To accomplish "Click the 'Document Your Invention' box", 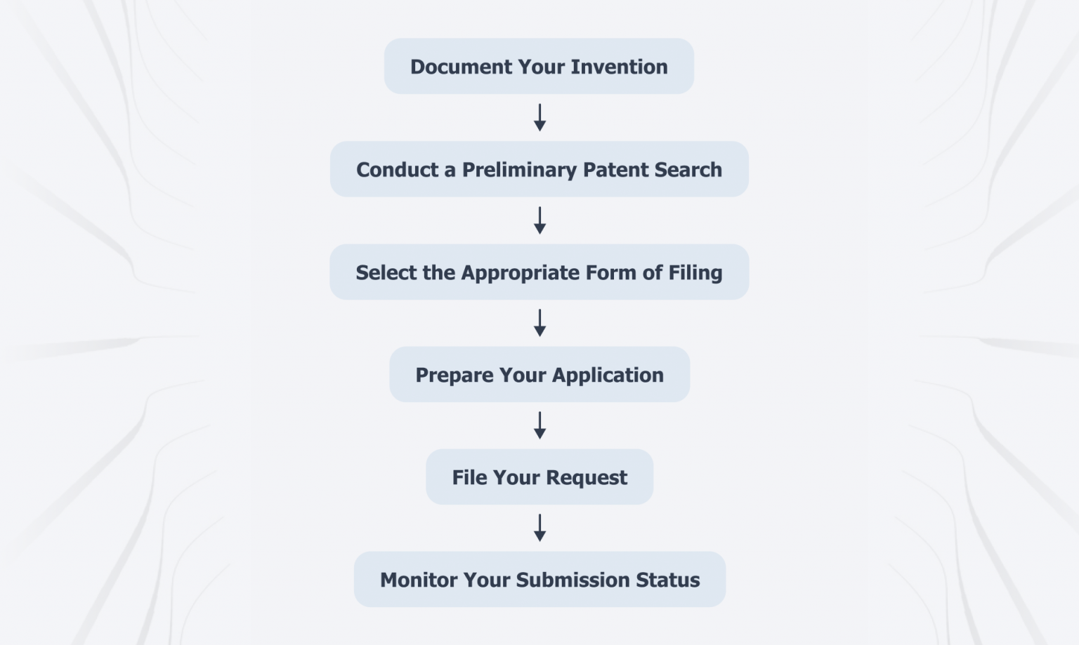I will [539, 67].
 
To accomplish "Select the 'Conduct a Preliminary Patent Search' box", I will [539, 169].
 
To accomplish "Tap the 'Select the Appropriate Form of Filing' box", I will [539, 272].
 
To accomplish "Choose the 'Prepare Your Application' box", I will [539, 375].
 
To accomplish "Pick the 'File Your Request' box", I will [539, 477].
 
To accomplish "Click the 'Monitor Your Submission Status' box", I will [539, 580].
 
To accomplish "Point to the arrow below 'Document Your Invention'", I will [539, 118].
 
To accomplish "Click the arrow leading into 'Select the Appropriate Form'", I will [539, 220].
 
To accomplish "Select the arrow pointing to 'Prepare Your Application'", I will [539, 323].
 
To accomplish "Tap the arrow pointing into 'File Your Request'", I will [539, 425].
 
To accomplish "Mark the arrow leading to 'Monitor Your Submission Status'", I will [539, 528].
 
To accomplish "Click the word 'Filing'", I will [695, 273].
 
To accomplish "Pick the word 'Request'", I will [587, 478].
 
